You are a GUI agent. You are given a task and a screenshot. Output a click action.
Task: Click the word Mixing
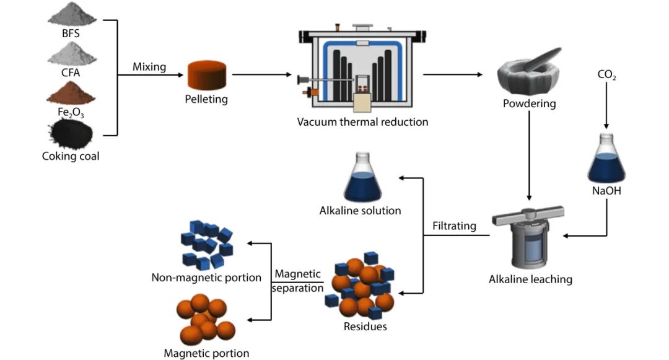pos(149,67)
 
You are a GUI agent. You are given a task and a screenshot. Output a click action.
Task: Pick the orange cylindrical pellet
pos(206,75)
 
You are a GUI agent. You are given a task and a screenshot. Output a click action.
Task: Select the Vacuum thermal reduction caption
pos(362,122)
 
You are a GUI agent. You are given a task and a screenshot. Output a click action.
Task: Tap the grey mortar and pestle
pos(528,74)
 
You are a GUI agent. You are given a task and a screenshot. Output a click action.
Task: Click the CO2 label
pos(606,76)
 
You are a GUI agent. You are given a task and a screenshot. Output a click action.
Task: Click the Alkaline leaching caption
pos(530,279)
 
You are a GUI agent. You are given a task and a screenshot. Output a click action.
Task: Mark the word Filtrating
pos(454,226)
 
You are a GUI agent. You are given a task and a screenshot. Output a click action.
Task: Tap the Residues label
pos(365,327)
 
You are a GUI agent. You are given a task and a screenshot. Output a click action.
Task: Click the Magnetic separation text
pos(298,281)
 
